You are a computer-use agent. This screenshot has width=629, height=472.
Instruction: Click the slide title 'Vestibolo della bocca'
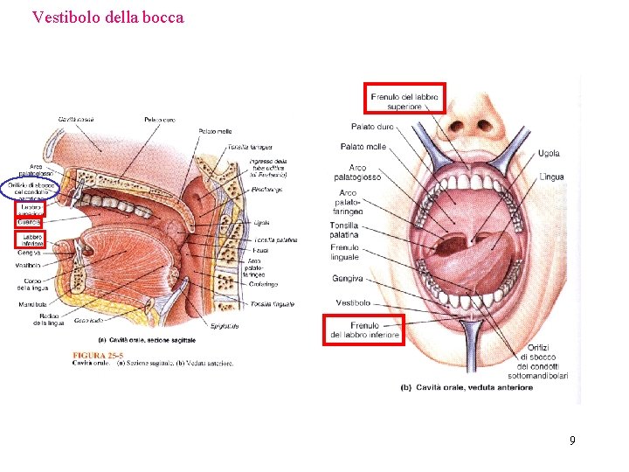coord(107,17)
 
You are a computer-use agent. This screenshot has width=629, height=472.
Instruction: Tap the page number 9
coord(572,441)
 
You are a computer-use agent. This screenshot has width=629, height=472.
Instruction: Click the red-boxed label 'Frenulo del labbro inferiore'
coord(364,330)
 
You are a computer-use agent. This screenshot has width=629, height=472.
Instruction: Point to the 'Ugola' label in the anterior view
coord(549,154)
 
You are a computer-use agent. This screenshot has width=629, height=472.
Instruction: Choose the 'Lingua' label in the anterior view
coord(551,177)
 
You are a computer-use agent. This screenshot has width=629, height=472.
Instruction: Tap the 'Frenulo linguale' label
coord(344,253)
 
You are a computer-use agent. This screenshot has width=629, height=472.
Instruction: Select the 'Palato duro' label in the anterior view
coord(373,128)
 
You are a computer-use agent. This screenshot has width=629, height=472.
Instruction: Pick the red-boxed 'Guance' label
coord(29,222)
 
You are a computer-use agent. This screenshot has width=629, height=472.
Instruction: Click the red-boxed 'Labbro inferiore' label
coord(31,239)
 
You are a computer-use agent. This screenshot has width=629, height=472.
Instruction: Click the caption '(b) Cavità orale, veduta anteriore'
coord(466,387)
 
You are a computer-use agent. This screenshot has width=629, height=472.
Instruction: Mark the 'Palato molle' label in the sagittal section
coord(213,131)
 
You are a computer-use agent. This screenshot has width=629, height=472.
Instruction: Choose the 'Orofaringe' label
coord(263,284)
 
